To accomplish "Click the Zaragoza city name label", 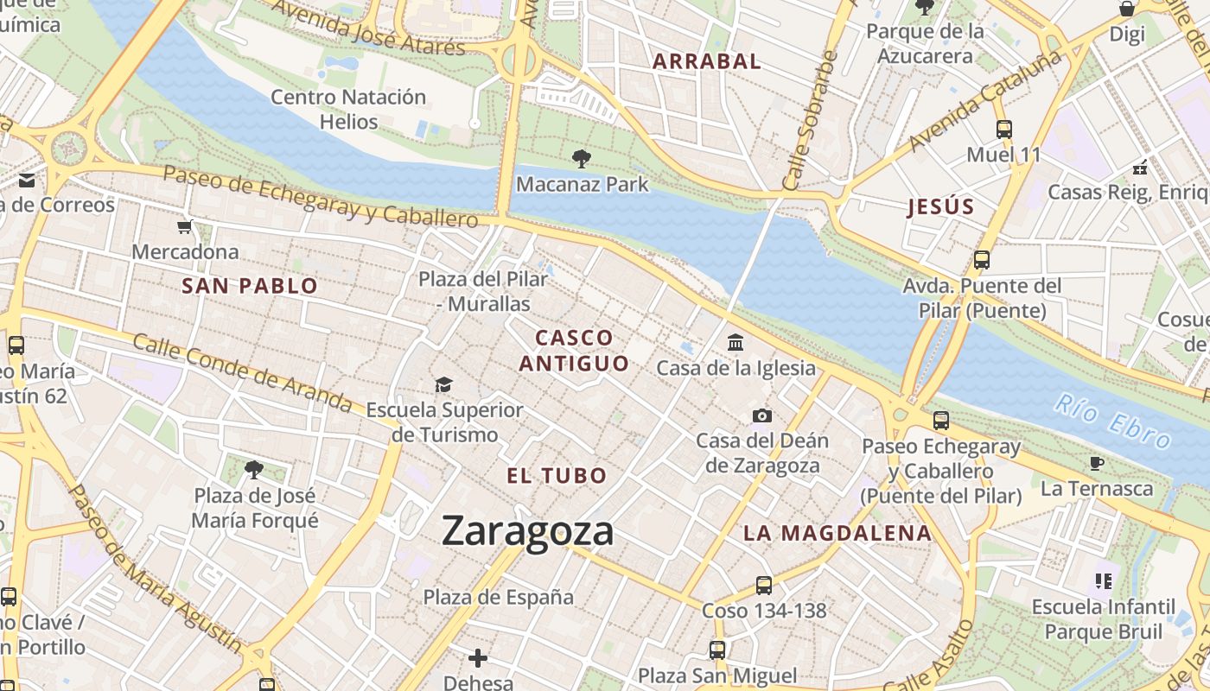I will [x=527, y=530].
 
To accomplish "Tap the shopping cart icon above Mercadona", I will [x=184, y=227].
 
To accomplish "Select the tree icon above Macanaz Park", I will [x=582, y=158].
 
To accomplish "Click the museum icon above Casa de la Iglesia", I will [x=736, y=343].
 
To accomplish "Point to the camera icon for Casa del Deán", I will [x=761, y=415].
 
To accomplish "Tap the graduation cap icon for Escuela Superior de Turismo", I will [x=444, y=384].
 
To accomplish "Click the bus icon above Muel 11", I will [x=1003, y=130].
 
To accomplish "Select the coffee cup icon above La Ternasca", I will [x=1097, y=463].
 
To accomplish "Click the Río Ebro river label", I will [x=1113, y=421].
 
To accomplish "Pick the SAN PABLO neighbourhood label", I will [x=250, y=286].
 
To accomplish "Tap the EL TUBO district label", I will [x=557, y=475].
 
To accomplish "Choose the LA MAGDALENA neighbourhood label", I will [x=837, y=533].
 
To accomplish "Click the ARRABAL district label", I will [x=706, y=61].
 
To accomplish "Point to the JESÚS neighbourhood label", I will [x=940, y=206].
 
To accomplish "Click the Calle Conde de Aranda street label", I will [x=242, y=372].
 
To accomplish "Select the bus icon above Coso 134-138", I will [x=763, y=585].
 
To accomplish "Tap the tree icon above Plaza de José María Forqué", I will [x=253, y=470].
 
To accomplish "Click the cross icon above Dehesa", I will [x=478, y=658].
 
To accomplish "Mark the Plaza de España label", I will [x=498, y=597].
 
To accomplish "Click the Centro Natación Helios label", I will [x=348, y=109].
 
